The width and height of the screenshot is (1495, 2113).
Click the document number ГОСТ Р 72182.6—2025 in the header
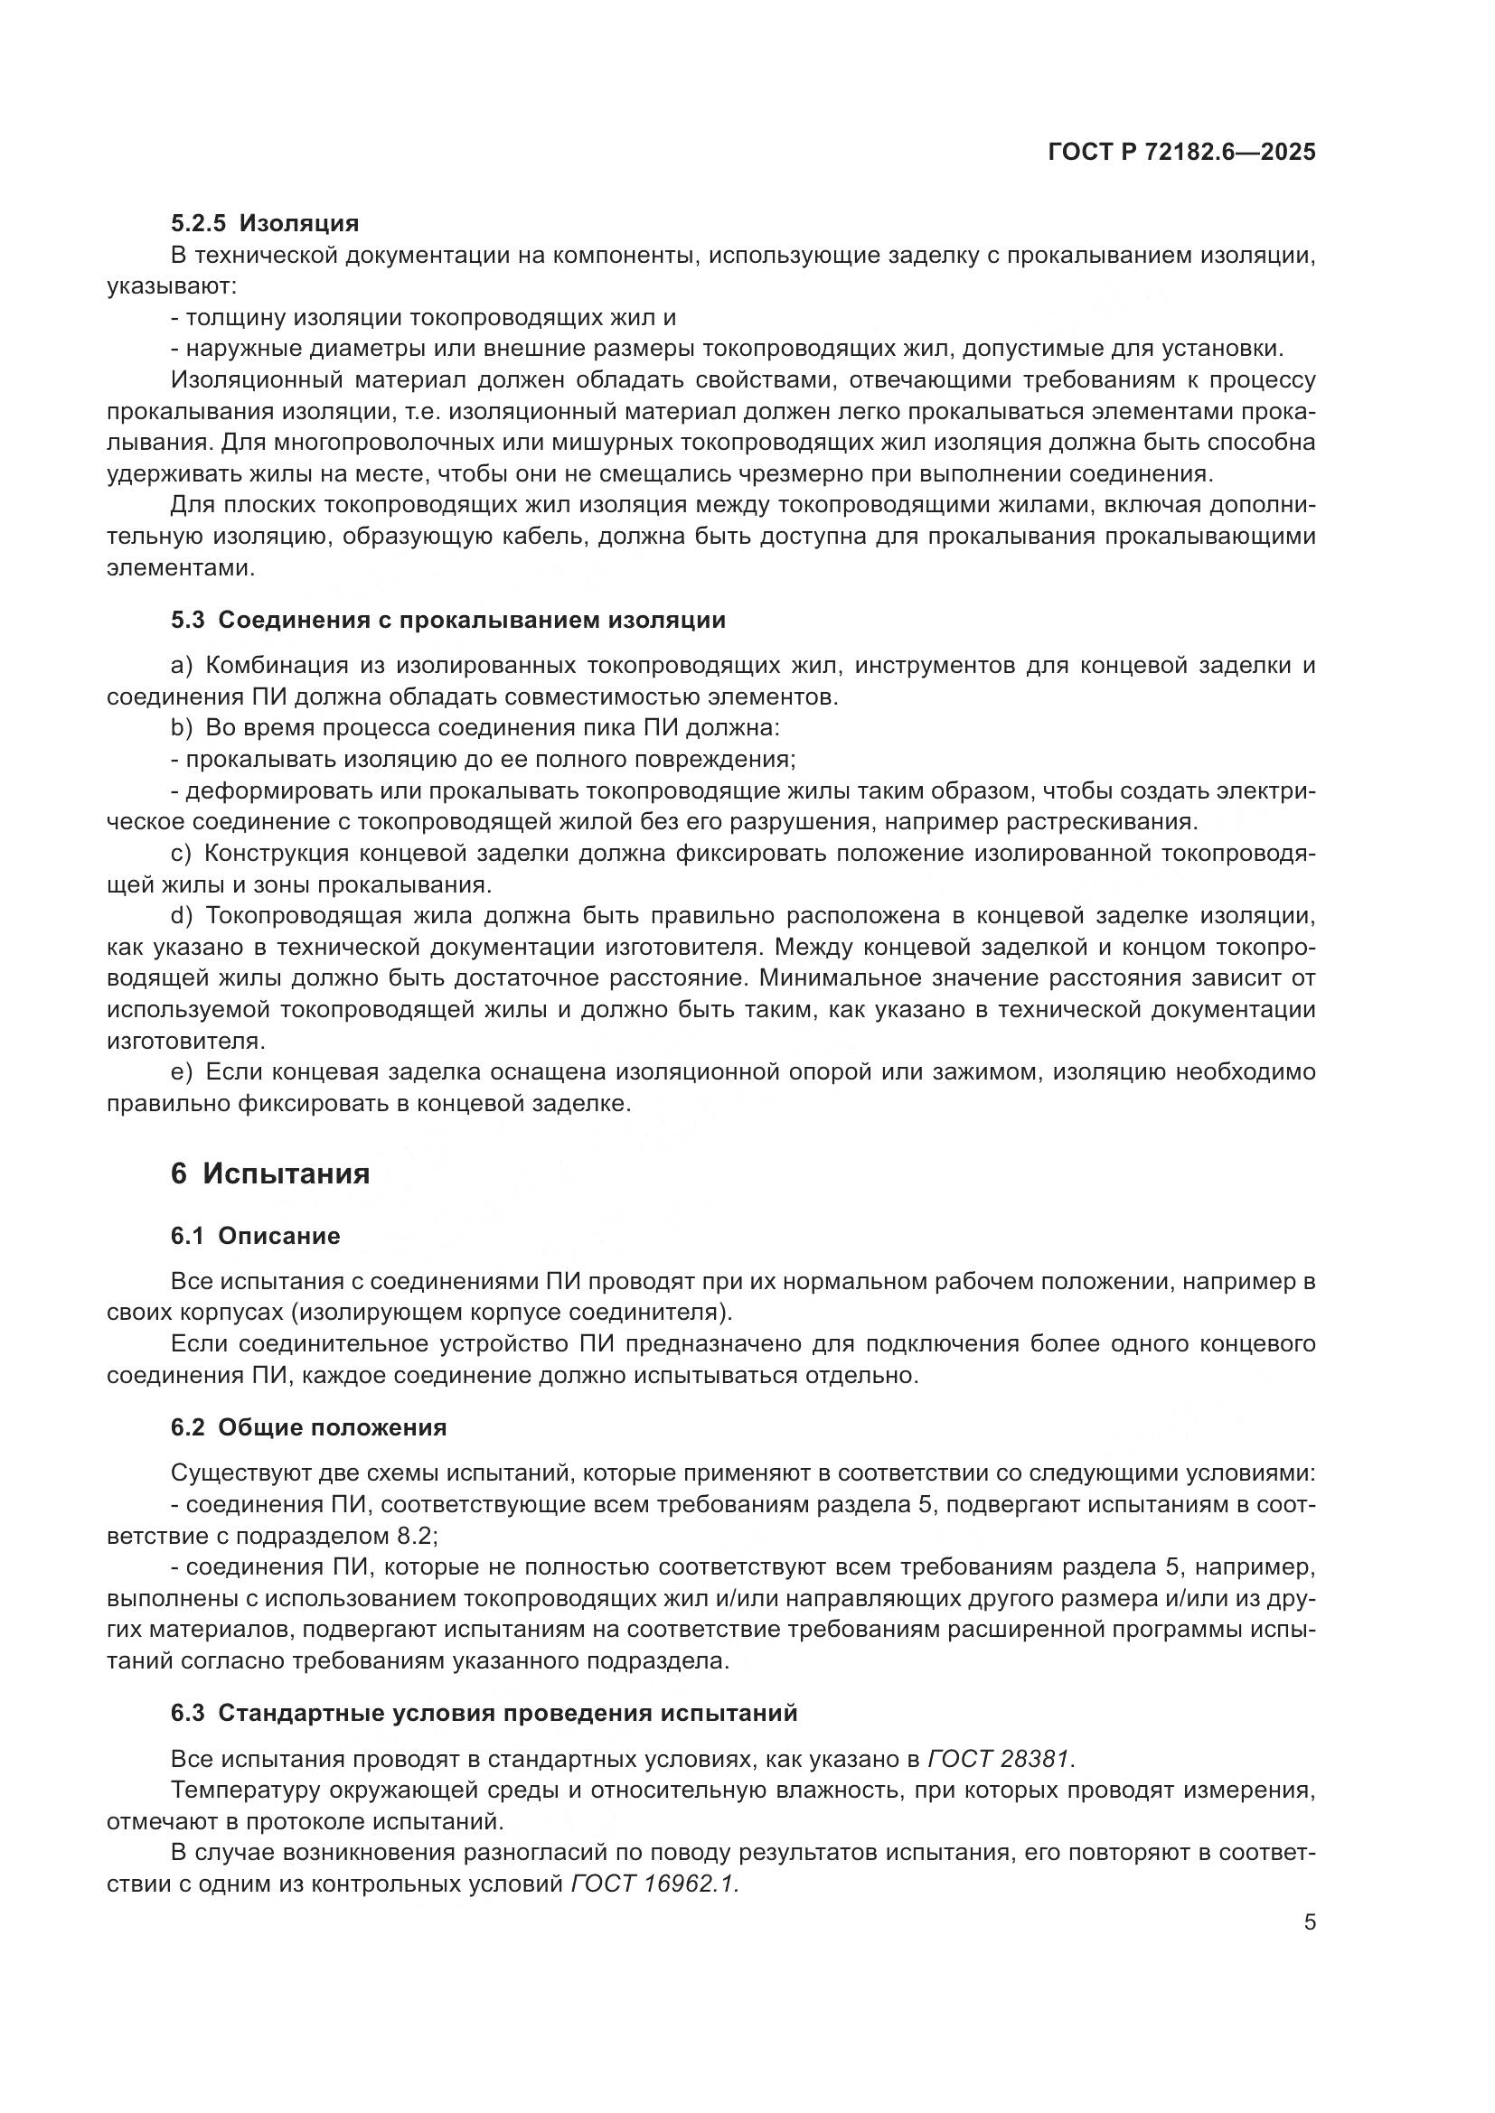[1181, 153]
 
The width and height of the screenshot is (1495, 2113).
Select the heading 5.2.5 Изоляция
[264, 224]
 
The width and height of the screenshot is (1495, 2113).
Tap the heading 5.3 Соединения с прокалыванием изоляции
[447, 621]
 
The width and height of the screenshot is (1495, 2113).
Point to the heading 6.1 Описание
[255, 1236]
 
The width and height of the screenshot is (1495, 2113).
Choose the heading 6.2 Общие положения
[308, 1427]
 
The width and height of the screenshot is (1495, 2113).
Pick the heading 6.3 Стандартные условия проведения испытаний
[484, 1714]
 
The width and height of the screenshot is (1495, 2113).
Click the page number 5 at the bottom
[1310, 1922]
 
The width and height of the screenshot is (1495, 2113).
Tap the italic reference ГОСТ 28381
[1000, 1760]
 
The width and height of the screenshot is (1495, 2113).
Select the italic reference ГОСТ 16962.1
[654, 1884]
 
